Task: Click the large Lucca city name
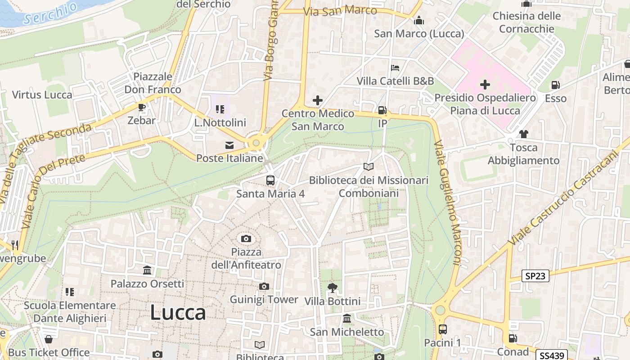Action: click(x=178, y=312)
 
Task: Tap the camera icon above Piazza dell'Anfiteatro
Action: click(x=246, y=238)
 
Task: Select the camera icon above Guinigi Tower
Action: click(x=264, y=286)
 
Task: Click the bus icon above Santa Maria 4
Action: click(x=270, y=180)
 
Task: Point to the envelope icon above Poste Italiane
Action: click(x=229, y=145)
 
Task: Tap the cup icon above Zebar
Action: click(x=142, y=107)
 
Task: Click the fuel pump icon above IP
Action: click(x=382, y=110)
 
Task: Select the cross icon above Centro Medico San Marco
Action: click(x=318, y=100)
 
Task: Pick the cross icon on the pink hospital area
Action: click(x=485, y=84)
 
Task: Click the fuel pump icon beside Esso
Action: click(x=555, y=85)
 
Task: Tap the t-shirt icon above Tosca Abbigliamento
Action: click(x=523, y=134)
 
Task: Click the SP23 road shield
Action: click(x=535, y=276)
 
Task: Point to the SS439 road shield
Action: click(x=552, y=355)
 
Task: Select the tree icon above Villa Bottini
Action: click(x=333, y=288)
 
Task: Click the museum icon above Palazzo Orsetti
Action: click(x=147, y=270)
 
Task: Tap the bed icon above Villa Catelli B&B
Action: click(x=395, y=68)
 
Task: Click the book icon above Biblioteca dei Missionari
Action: click(x=369, y=167)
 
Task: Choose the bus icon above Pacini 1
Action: click(x=442, y=329)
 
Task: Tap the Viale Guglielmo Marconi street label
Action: click(x=447, y=202)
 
